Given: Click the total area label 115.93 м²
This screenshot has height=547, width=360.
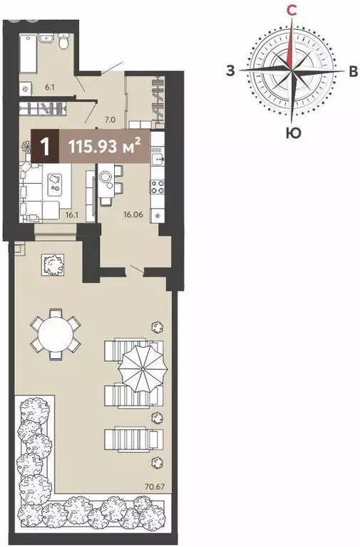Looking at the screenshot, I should click(x=104, y=147).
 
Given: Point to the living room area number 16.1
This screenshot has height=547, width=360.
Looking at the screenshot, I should click(x=71, y=212).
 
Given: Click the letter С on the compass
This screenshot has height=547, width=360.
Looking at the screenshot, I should click(x=292, y=10).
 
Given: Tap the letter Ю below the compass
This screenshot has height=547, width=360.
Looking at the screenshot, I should click(x=292, y=133).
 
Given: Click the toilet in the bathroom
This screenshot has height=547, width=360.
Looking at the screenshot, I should click(x=63, y=44).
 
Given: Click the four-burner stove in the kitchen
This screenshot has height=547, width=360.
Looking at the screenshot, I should click(x=157, y=188).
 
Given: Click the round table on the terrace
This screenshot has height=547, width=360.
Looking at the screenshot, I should click(x=54, y=332).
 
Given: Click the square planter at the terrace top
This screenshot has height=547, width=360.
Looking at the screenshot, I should click(x=52, y=266).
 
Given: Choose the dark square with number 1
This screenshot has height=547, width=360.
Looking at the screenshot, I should click(x=46, y=147).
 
